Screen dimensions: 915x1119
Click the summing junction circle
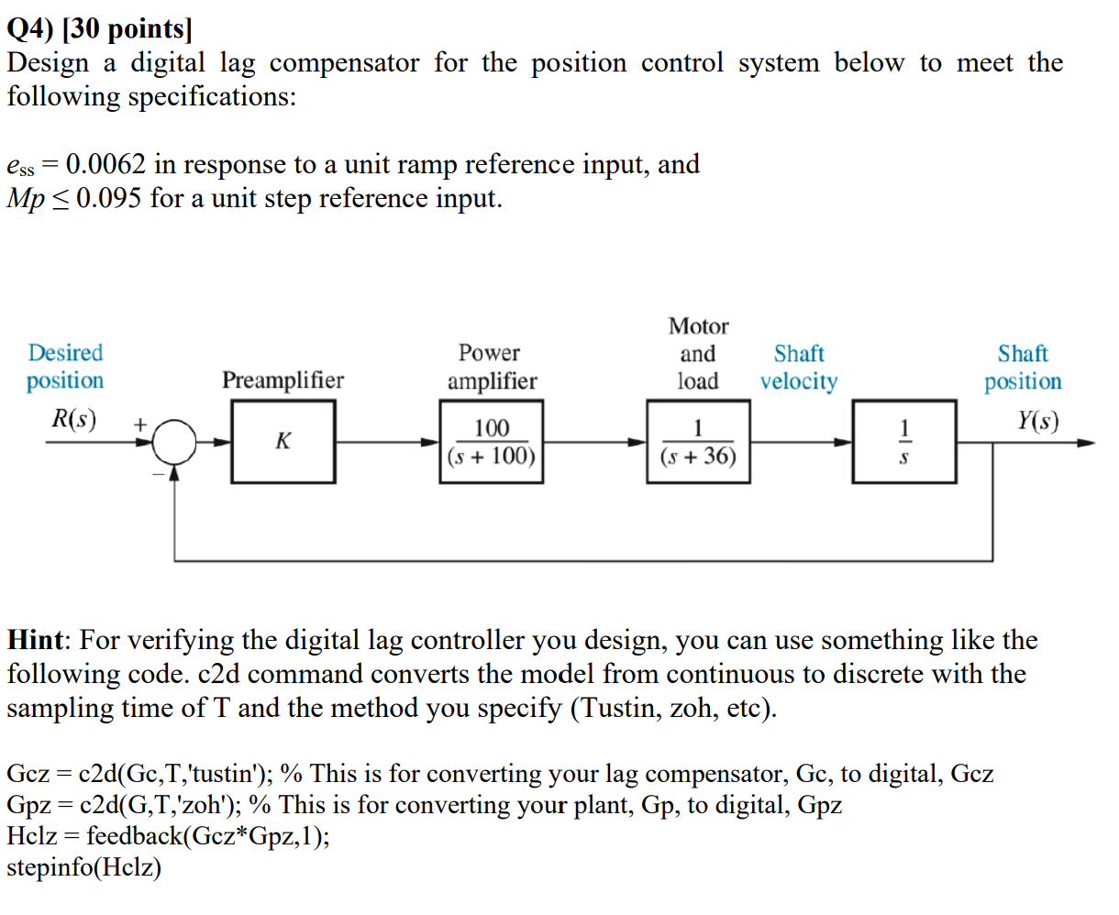pyautogui.click(x=175, y=443)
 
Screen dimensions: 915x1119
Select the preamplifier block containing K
pyautogui.click(x=283, y=442)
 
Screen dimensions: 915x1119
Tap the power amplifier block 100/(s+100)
pyautogui.click(x=492, y=442)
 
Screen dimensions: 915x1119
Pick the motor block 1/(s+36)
pyautogui.click(x=698, y=442)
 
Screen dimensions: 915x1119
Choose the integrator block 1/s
pyautogui.click(x=903, y=442)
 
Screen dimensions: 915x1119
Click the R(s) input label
pyautogui.click(x=72, y=419)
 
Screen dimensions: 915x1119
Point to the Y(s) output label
pyautogui.click(x=1037, y=421)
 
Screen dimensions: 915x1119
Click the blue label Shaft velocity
pyautogui.click(x=799, y=367)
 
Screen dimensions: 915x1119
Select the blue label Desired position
pyautogui.click(x=65, y=366)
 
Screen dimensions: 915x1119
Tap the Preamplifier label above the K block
pyautogui.click(x=283, y=380)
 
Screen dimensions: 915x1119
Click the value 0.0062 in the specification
pyautogui.click(x=105, y=164)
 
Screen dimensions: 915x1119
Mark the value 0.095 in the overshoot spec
pyautogui.click(x=109, y=198)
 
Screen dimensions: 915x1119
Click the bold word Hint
pyautogui.click(x=36, y=640)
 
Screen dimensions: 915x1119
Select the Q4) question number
pyautogui.click(x=30, y=29)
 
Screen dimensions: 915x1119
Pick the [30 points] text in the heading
pyautogui.click(x=127, y=29)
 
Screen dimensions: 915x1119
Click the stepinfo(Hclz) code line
pyautogui.click(x=83, y=866)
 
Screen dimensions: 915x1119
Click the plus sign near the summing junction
pyautogui.click(x=140, y=424)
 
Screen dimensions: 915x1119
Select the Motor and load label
pyautogui.click(x=698, y=353)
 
